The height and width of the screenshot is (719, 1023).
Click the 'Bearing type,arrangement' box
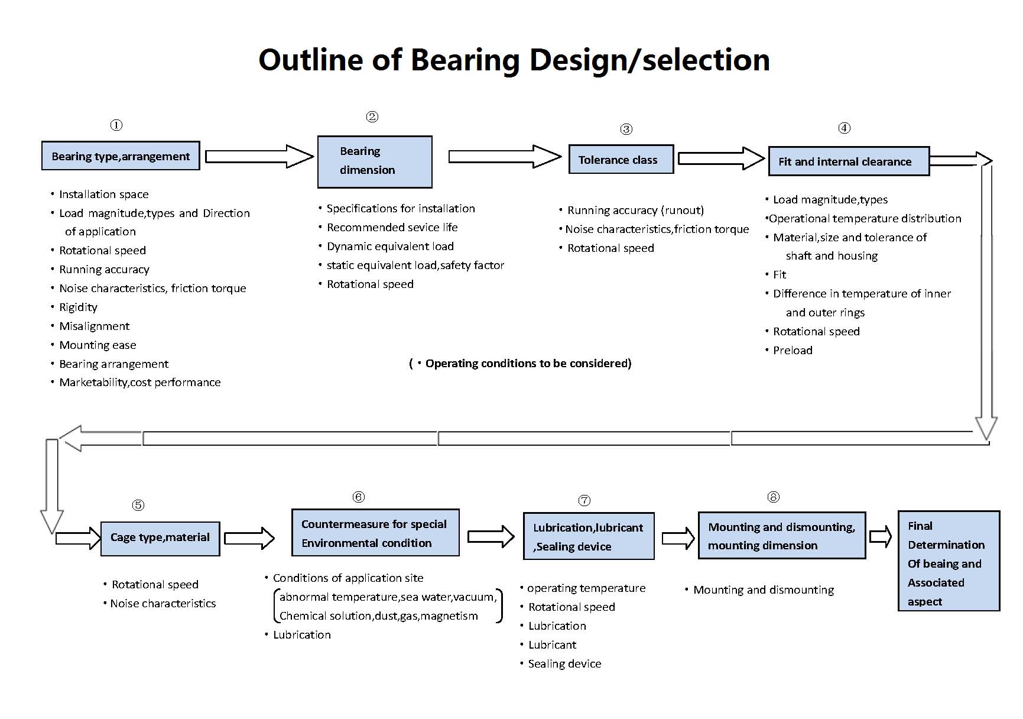121,156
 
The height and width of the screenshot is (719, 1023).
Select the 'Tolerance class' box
621,160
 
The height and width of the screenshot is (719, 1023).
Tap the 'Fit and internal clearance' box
848,161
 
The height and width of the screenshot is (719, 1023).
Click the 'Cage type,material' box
160,537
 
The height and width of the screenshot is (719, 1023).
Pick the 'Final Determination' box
948,562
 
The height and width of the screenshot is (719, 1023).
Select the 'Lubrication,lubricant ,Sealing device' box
589,536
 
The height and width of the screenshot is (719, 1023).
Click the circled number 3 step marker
626,129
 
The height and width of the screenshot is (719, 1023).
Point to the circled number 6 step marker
358,497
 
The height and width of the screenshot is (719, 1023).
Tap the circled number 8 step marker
773,497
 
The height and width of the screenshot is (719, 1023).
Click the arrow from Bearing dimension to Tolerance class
504,157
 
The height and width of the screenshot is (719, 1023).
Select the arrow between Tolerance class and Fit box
720,158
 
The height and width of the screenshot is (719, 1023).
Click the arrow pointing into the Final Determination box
881,536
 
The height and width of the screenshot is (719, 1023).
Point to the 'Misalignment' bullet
94,326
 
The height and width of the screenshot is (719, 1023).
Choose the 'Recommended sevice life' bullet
392,228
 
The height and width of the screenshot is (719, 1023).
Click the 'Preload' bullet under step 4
793,350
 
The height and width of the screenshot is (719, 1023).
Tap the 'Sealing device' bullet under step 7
564,663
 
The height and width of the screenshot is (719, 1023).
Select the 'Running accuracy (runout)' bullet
635,210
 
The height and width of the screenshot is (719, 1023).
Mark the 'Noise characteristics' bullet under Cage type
163,603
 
